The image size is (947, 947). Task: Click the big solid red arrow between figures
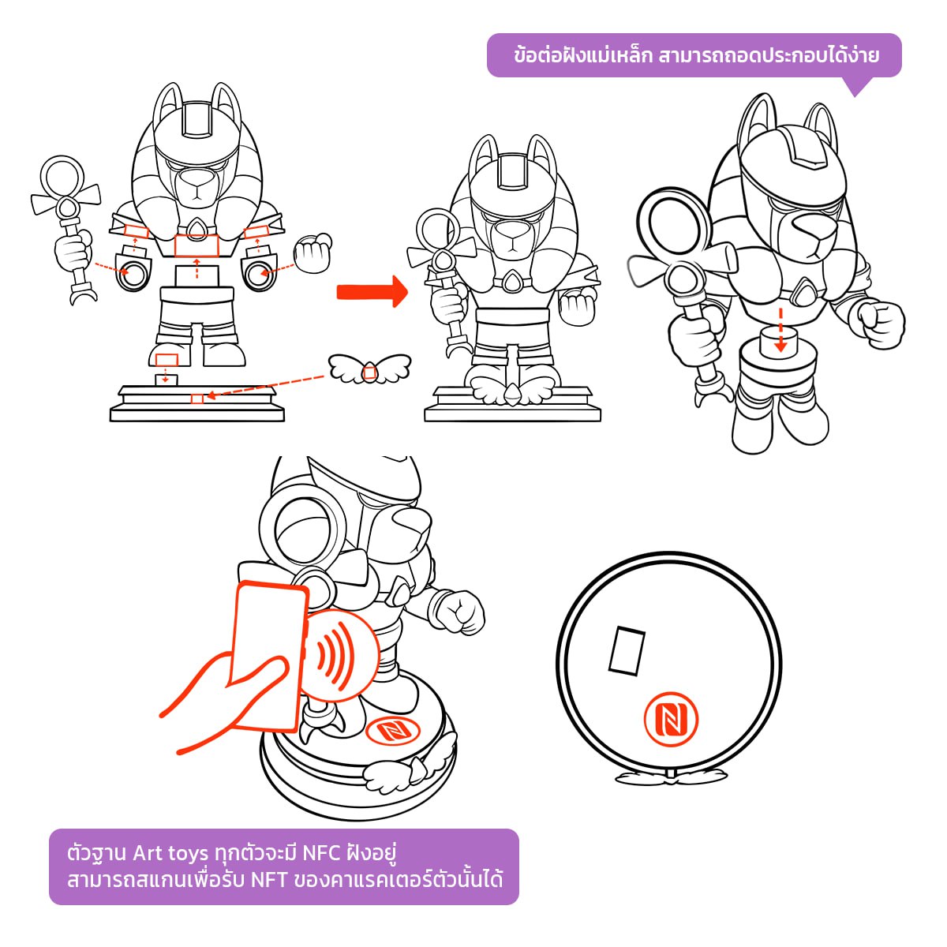point(372,291)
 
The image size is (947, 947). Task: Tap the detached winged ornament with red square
point(369,368)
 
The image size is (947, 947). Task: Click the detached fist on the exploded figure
point(313,253)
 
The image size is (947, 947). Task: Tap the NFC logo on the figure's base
point(393,729)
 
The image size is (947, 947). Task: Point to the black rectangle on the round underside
point(627,651)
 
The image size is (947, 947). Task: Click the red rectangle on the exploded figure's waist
point(197,245)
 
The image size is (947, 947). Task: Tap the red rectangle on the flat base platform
point(197,399)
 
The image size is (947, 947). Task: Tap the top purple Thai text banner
point(694,55)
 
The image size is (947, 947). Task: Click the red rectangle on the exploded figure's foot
point(167,359)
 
